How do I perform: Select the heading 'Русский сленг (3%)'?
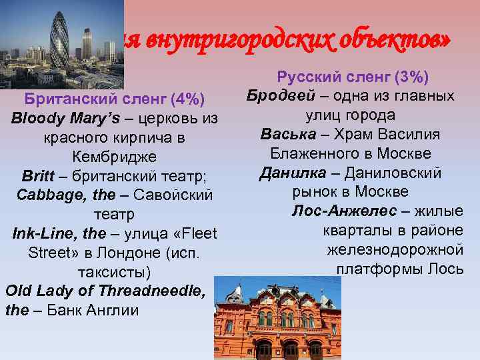[x=353, y=77]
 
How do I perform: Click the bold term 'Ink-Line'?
[x=45, y=234]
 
